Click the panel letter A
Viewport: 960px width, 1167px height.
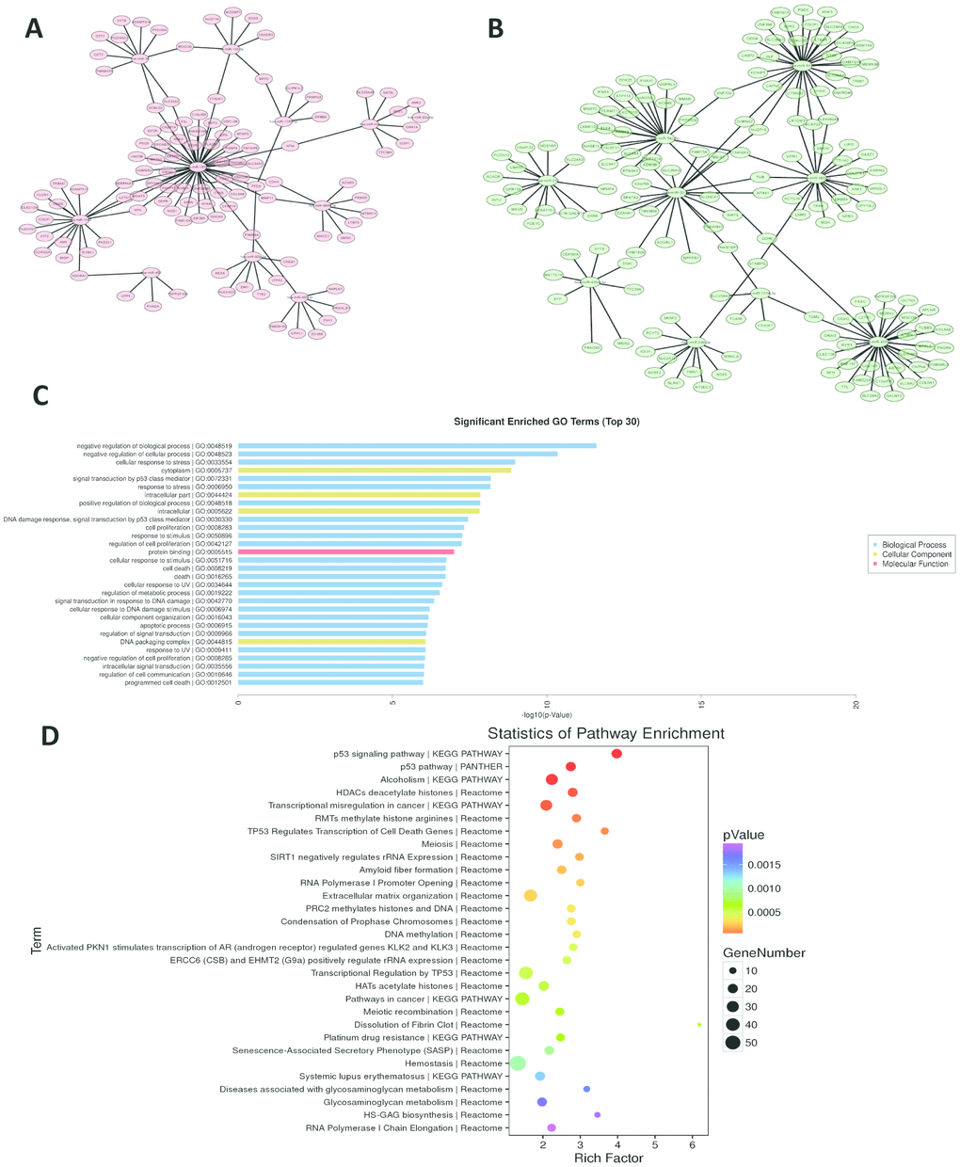pyautogui.click(x=34, y=28)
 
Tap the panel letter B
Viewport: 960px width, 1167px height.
pyautogui.click(x=496, y=28)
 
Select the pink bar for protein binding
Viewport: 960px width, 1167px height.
pyautogui.click(x=345, y=552)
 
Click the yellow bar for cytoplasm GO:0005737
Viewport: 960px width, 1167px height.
pyautogui.click(x=375, y=470)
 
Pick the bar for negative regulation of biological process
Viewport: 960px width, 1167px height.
pyautogui.click(x=417, y=445)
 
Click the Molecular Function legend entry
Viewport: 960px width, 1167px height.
pyautogui.click(x=916, y=564)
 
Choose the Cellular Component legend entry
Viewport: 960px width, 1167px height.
pyautogui.click(x=916, y=554)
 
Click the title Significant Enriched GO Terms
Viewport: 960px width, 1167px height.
pyautogui.click(x=546, y=422)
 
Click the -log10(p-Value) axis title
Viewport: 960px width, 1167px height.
pyautogui.click(x=547, y=714)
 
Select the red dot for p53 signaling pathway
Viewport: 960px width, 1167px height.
pyautogui.click(x=616, y=754)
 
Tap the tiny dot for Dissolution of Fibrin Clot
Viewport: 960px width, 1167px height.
pyautogui.click(x=698, y=1025)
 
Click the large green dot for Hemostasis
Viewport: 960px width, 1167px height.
pyautogui.click(x=517, y=1063)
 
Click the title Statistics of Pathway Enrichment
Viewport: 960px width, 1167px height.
pyautogui.click(x=605, y=733)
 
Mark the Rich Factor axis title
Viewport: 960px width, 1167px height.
pyautogui.click(x=608, y=1158)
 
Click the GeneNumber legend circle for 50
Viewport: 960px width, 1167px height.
pyautogui.click(x=732, y=1042)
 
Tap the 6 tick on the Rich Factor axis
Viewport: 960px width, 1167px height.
pyautogui.click(x=692, y=1145)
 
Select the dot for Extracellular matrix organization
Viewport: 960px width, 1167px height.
pyautogui.click(x=530, y=896)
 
